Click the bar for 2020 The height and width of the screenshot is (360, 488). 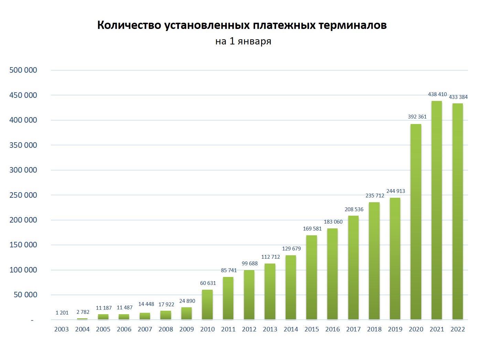[x=416, y=222]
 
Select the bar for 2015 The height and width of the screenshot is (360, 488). [x=311, y=277]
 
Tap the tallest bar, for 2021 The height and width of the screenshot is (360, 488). [x=437, y=210]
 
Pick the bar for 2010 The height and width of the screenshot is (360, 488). [x=207, y=305]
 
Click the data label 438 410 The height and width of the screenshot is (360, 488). [x=437, y=94]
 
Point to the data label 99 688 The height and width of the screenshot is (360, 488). [x=250, y=263]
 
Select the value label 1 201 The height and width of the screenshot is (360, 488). [x=62, y=312]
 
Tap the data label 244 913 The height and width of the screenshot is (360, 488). [x=395, y=191]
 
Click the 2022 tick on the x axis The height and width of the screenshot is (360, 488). [x=457, y=329]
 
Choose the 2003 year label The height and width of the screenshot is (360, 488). [x=62, y=329]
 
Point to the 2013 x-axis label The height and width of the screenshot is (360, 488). [x=270, y=329]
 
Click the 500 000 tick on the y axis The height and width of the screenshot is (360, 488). [x=23, y=70]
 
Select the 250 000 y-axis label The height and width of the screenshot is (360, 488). [x=23, y=195]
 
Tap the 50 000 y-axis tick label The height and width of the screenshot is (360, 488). [x=25, y=295]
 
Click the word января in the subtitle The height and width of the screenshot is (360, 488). [x=254, y=41]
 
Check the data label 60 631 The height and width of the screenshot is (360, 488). [x=208, y=283]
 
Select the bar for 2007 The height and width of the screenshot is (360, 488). [x=145, y=316]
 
